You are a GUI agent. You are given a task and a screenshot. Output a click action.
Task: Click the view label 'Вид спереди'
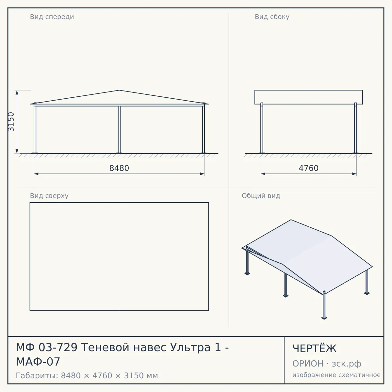(52, 17)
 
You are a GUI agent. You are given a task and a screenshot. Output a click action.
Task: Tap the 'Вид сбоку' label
(272, 17)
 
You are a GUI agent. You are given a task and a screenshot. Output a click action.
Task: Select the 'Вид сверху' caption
(49, 196)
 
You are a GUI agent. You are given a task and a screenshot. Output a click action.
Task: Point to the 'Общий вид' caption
(261, 196)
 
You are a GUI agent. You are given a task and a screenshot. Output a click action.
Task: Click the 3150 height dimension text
(11, 122)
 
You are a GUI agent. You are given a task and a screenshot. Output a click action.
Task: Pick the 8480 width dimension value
(119, 168)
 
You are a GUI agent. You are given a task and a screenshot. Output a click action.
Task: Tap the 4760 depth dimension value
(309, 168)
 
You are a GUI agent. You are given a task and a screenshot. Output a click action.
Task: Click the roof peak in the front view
(119, 90)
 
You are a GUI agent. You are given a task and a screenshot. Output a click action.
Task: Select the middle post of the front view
(119, 130)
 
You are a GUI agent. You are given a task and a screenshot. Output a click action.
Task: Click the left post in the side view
(262, 128)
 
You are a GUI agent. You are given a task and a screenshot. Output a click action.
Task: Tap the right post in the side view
(355, 128)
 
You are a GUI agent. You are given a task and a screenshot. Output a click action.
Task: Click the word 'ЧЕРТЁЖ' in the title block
(315, 349)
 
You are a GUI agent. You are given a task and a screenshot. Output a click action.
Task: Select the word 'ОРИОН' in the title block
(308, 364)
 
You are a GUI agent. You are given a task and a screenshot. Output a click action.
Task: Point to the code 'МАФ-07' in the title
(38, 362)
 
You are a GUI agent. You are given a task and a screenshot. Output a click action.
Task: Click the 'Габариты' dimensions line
(87, 376)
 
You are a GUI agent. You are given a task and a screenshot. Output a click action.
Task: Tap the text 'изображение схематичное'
(336, 375)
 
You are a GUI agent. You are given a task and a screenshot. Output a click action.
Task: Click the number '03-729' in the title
(58, 347)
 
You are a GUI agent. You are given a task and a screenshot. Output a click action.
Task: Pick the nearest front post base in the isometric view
(324, 318)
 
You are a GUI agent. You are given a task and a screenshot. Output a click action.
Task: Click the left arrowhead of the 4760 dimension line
(263, 174)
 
